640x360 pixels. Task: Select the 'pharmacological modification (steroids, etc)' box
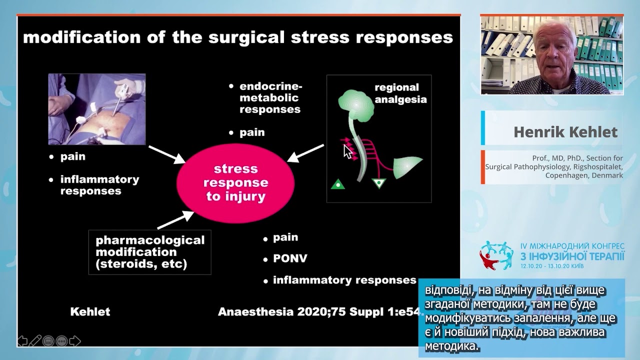[x=150, y=252]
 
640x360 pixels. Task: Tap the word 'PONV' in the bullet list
[x=290, y=258]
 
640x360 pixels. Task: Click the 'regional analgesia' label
[x=400, y=93]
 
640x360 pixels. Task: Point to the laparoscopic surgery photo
[x=97, y=109]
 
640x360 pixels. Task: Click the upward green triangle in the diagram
[x=338, y=184]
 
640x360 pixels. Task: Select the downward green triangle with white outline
[x=379, y=183]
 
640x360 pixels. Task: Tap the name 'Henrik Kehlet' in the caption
[x=565, y=132]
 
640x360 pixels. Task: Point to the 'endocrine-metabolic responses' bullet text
[x=270, y=97]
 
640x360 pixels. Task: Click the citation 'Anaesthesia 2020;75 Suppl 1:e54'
[x=320, y=312]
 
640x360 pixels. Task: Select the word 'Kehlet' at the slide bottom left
[x=90, y=312]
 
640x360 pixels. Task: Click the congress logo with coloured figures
[x=496, y=255]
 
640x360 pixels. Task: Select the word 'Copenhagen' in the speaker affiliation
[x=566, y=175]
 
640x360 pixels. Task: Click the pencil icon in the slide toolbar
[x=35, y=341]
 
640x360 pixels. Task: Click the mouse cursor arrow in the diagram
[x=347, y=151]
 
